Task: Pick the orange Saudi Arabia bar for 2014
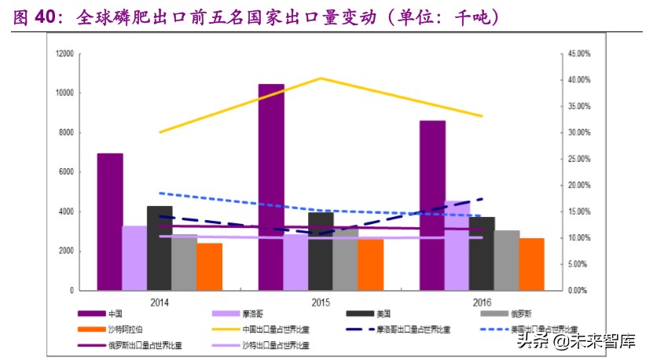[209, 266]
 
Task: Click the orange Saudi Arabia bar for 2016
[531, 264]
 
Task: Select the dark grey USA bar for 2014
[160, 248]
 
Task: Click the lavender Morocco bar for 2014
[134, 258]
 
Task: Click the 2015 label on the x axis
[319, 301]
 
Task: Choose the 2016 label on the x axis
[480, 301]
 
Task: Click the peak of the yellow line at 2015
[320, 78]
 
